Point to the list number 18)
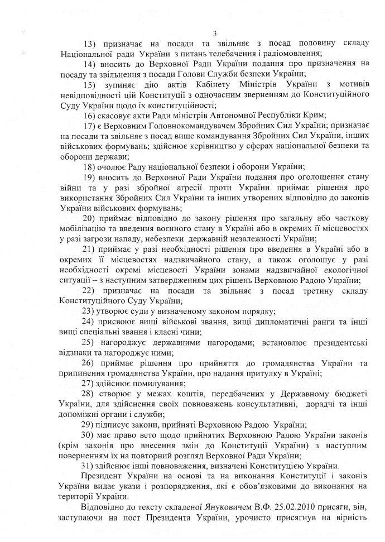tap(89, 166)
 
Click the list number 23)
tap(89, 311)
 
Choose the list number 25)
tap(89, 342)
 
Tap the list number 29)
tap(89, 424)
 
